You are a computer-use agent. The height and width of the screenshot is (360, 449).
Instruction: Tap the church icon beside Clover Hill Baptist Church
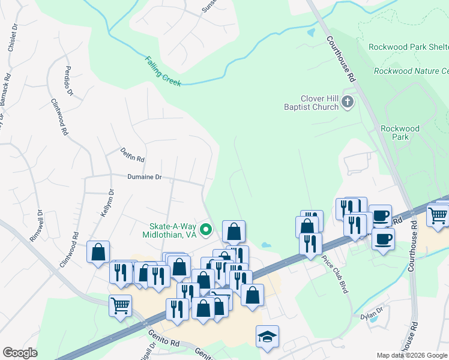tap(347, 103)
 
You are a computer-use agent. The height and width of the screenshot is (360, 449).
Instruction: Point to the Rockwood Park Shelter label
tap(408, 47)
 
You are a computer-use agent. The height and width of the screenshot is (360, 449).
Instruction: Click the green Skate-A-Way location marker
tap(206, 229)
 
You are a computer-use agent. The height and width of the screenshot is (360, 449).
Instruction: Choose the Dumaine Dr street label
tap(145, 177)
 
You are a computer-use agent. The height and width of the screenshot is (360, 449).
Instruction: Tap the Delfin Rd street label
tap(133, 155)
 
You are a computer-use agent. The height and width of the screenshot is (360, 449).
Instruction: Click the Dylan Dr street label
tap(372, 314)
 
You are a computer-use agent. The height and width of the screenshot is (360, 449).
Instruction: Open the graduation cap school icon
tap(267, 336)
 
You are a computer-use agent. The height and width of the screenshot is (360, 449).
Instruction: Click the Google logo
tap(20, 353)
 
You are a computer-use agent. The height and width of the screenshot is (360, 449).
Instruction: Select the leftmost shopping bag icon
tap(98, 252)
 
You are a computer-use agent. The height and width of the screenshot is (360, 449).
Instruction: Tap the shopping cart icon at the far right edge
tap(438, 215)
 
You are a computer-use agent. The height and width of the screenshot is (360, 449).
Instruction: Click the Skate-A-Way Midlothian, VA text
tap(173, 231)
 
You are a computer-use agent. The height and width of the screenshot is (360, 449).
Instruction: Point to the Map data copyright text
tap(412, 355)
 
